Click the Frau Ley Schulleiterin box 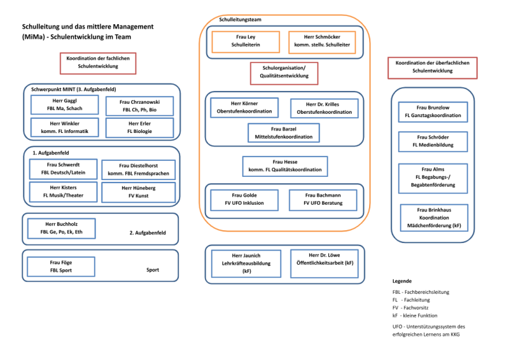pyautogui.click(x=246, y=42)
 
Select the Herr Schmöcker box pyautogui.click(x=322, y=42)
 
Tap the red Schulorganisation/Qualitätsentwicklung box pyautogui.click(x=284, y=73)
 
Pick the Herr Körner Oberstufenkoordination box pyautogui.click(x=244, y=107)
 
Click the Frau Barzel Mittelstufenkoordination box pyautogui.click(x=284, y=133)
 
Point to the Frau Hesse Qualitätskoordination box pyautogui.click(x=285, y=166)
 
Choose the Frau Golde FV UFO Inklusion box pyautogui.click(x=244, y=200)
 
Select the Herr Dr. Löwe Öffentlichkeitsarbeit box pyautogui.click(x=324, y=263)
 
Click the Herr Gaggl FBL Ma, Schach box pyautogui.click(x=65, y=104)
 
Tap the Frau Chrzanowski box pyautogui.click(x=139, y=106)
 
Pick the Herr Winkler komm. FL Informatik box pyautogui.click(x=65, y=127)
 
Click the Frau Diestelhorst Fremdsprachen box pyautogui.click(x=139, y=169)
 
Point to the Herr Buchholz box pyautogui.click(x=61, y=228)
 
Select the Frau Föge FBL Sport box pyautogui.click(x=61, y=267)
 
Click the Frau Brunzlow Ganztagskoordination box pyautogui.click(x=433, y=112)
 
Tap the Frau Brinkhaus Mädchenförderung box pyautogui.click(x=434, y=218)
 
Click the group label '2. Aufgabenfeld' pyautogui.click(x=148, y=233)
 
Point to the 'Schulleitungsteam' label pyautogui.click(x=241, y=20)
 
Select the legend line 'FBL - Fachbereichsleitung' pyautogui.click(x=421, y=292)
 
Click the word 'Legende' pyautogui.click(x=402, y=281)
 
